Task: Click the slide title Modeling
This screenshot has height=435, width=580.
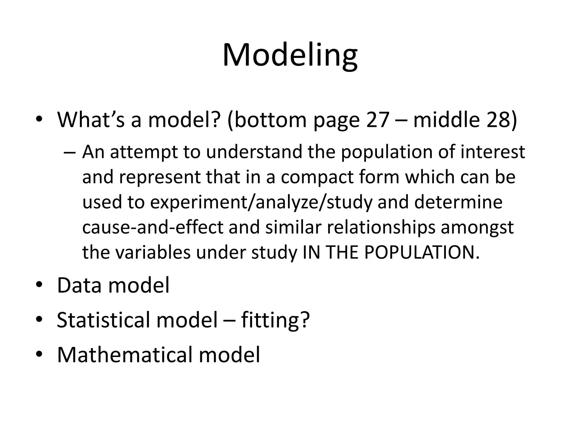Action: pos(290,56)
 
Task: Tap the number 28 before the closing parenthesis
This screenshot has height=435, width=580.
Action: pos(498,120)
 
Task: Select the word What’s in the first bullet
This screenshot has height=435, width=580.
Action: pos(91,120)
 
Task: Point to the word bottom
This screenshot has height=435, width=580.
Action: pos(270,120)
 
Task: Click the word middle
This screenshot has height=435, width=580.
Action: pos(446,120)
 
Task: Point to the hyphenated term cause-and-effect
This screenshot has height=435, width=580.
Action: pos(153,227)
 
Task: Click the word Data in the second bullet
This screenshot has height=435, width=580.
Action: pos(79,285)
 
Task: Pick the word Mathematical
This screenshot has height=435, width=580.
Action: pos(123,355)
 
